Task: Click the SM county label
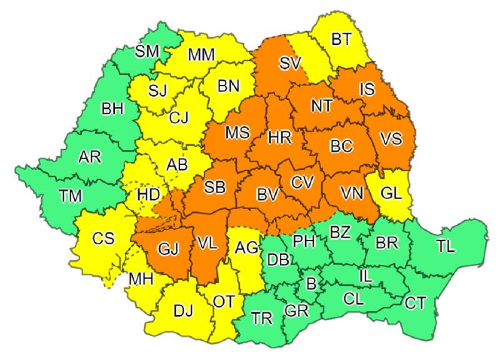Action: point(147,52)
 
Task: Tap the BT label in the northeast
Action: point(341,40)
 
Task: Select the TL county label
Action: point(446,246)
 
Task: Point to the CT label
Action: point(416,303)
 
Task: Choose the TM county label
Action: point(71,196)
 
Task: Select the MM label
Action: point(201,55)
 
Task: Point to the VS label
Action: point(391,138)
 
